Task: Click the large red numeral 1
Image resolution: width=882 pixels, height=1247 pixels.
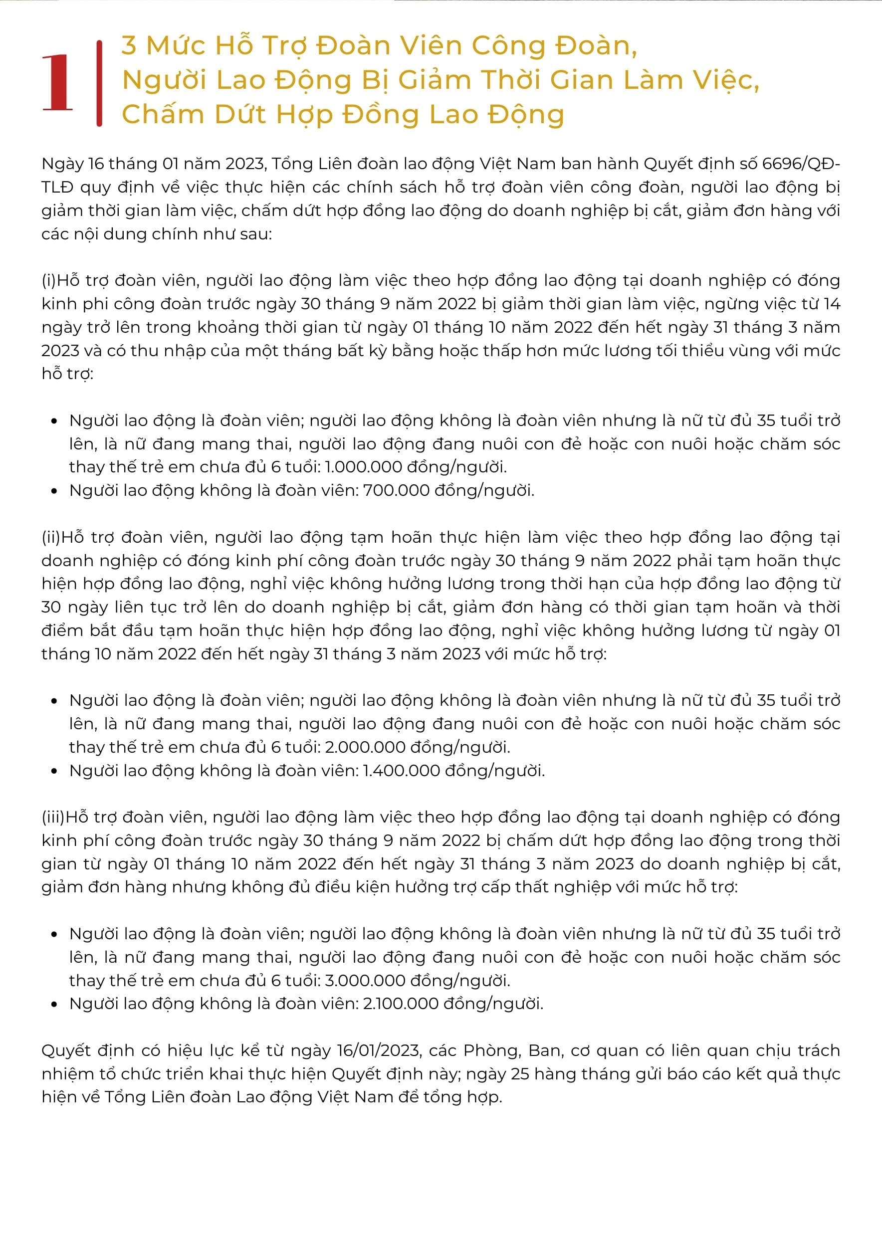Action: (x=57, y=83)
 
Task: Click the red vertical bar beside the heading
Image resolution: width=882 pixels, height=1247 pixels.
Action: (x=99, y=83)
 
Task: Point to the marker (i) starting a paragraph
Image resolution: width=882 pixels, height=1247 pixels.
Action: (x=49, y=281)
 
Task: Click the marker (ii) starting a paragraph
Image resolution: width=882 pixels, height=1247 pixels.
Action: (x=51, y=538)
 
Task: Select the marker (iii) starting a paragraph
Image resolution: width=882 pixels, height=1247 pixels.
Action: (x=53, y=818)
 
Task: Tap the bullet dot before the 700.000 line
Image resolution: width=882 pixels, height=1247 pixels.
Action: (x=54, y=491)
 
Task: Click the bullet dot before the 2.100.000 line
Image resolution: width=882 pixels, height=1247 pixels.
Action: (x=54, y=1004)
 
